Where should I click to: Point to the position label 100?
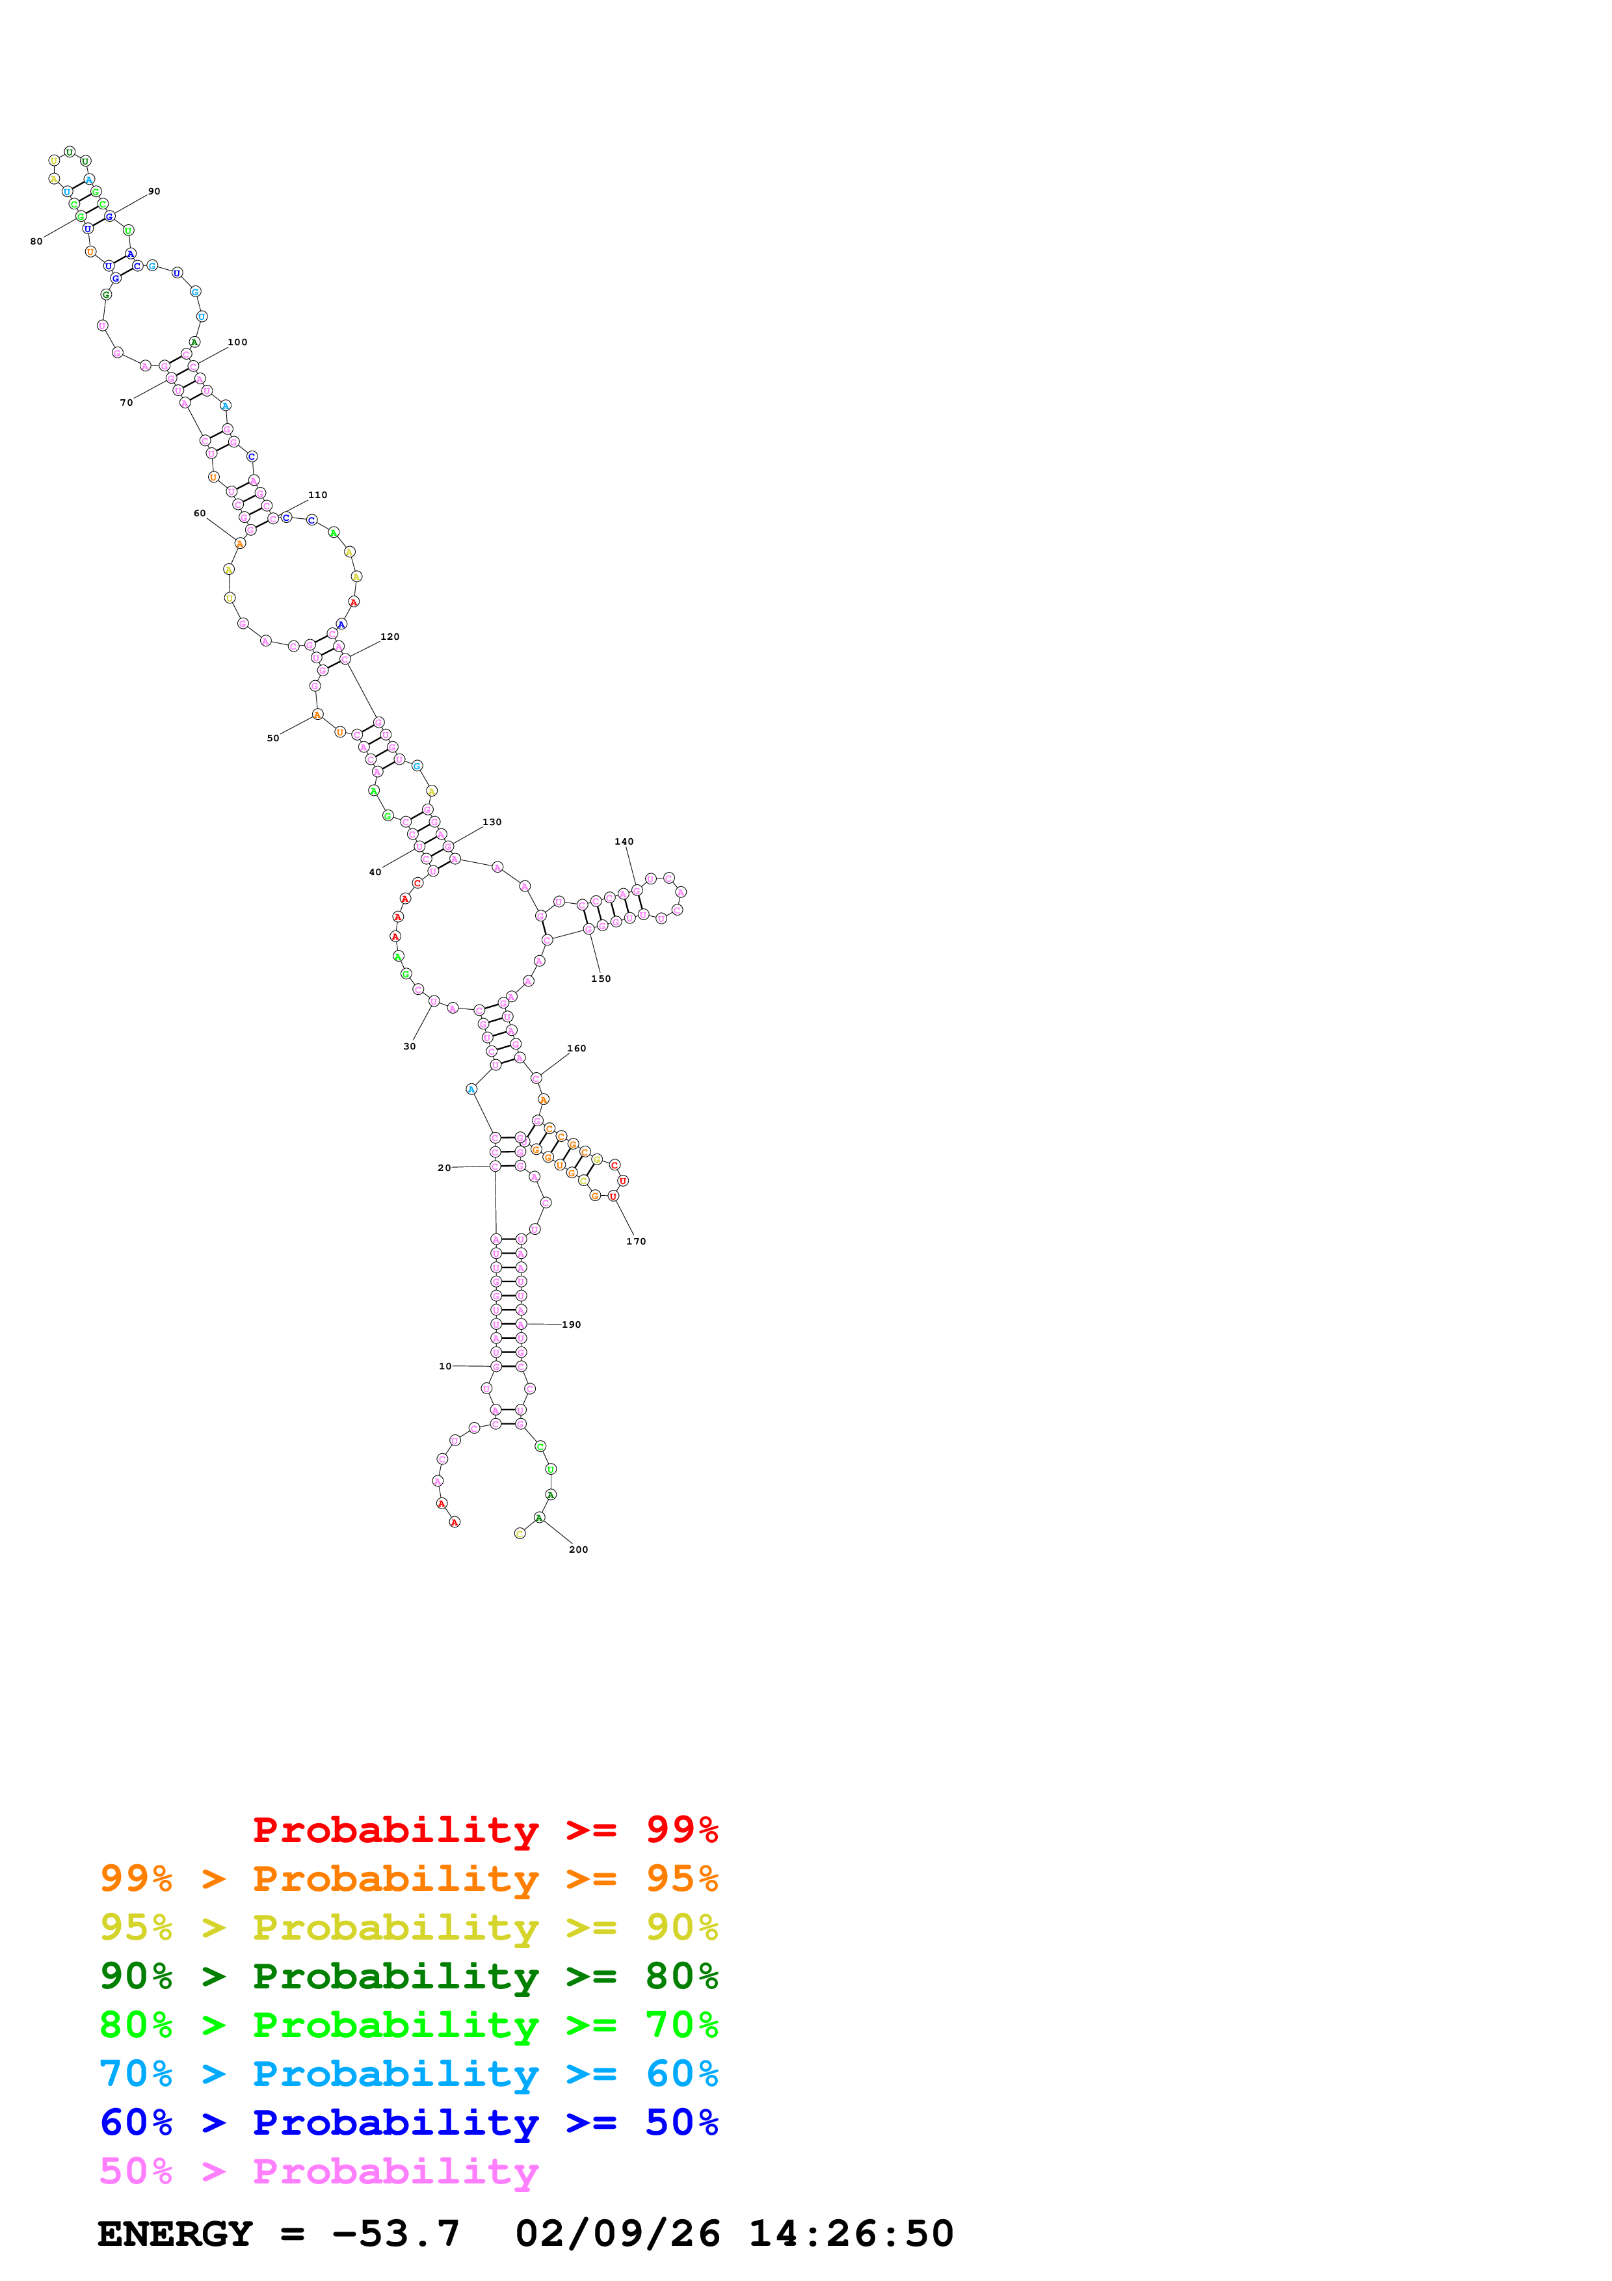point(237,343)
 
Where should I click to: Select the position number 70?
point(126,402)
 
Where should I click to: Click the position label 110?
point(318,495)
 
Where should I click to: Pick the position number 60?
point(200,514)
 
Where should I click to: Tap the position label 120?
point(390,637)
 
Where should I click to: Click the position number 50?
point(273,738)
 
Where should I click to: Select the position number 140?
point(624,841)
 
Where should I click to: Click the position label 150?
point(601,979)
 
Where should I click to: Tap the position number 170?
point(636,1241)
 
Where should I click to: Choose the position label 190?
point(571,1325)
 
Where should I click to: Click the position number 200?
point(578,1549)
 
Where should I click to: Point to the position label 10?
point(445,1366)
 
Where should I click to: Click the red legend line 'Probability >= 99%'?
point(484,1830)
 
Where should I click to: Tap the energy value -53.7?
point(395,2234)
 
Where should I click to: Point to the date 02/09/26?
point(618,2234)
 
